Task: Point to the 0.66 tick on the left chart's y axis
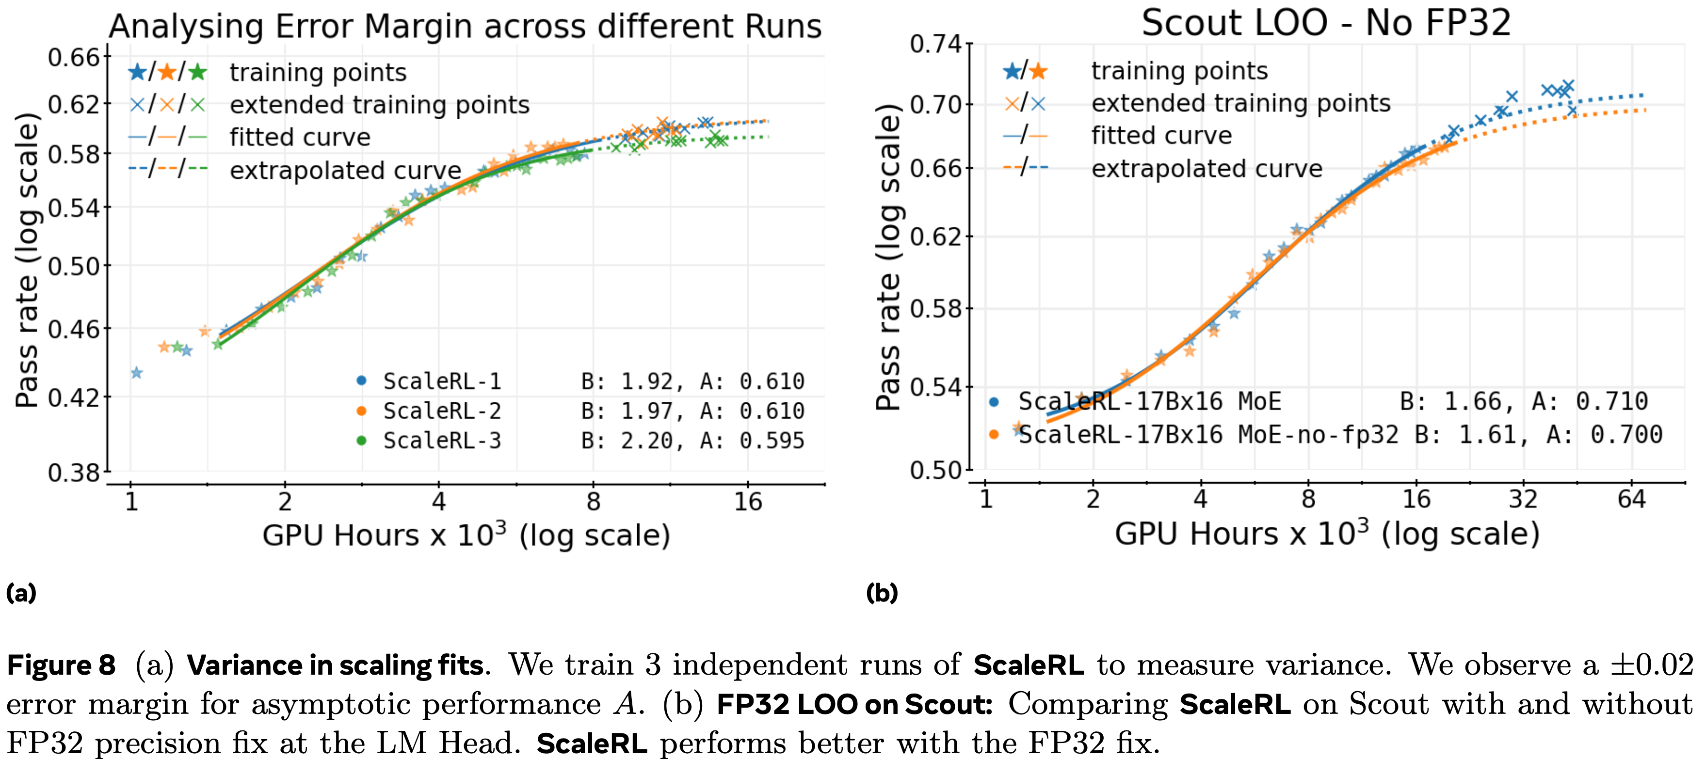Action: point(74,58)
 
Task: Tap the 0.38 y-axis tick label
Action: point(74,473)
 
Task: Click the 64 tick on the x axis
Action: point(1631,499)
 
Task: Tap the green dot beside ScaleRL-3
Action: point(361,440)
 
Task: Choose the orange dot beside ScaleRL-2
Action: point(361,411)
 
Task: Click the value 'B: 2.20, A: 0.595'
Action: point(692,441)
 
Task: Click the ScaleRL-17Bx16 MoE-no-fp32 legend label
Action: point(1208,435)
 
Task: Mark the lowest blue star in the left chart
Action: point(136,373)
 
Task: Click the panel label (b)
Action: point(882,592)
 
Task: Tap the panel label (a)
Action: point(21,592)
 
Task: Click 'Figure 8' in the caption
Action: point(61,665)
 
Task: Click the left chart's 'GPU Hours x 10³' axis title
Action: point(466,535)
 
